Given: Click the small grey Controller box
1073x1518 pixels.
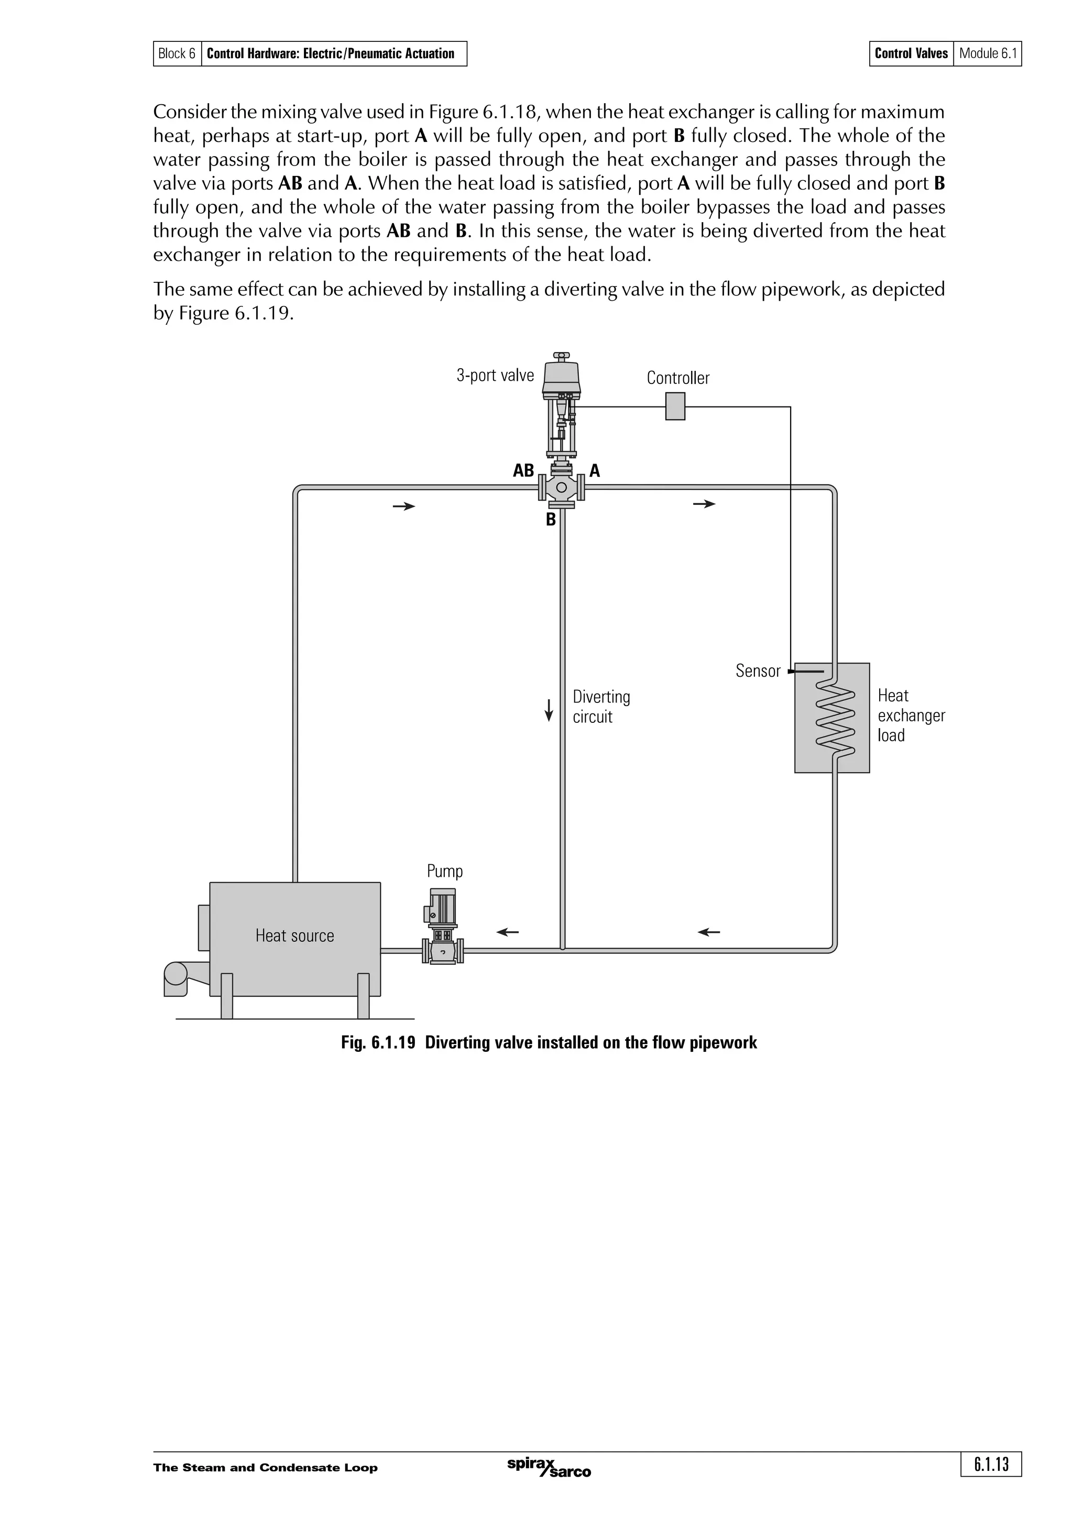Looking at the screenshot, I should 674,406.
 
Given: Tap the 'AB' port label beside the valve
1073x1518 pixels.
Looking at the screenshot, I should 523,471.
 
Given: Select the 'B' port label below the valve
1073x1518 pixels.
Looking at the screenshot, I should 551,520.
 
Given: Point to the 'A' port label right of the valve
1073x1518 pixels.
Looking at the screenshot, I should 594,471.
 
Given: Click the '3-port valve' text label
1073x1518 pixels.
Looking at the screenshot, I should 495,376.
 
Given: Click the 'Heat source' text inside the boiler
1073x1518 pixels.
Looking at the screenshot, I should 294,936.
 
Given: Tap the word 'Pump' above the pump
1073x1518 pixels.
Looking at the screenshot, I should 444,872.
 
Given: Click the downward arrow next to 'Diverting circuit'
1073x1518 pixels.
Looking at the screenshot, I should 548,709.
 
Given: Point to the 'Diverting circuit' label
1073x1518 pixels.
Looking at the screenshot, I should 601,707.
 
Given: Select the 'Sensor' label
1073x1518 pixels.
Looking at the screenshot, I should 758,671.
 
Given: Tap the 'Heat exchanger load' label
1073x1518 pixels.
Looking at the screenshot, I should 911,716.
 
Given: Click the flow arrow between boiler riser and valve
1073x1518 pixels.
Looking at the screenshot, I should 404,507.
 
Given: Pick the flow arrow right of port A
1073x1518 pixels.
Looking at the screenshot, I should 704,504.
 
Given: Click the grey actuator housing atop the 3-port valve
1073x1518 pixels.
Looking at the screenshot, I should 561,376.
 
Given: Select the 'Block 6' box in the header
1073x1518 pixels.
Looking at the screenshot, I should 177,53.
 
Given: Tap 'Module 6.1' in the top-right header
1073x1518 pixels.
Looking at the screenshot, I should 988,53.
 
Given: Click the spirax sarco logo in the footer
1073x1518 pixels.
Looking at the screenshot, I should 549,1467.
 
